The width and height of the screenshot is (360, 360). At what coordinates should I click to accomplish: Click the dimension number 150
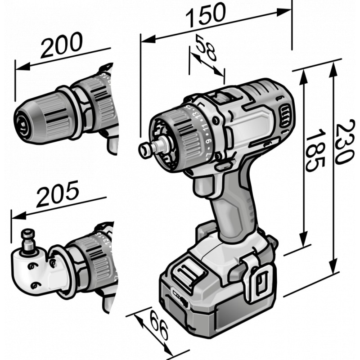[x=206, y=14]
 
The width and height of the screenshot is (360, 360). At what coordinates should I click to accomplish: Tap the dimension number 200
[x=61, y=45]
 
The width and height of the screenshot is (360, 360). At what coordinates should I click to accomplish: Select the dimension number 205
[x=58, y=193]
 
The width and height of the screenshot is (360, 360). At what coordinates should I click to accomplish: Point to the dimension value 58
[x=206, y=48]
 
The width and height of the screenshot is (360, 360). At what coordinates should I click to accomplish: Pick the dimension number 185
[x=315, y=150]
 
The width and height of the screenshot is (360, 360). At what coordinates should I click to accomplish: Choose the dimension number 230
[x=344, y=142]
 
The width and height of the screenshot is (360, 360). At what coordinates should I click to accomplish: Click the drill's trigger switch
[x=202, y=187]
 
